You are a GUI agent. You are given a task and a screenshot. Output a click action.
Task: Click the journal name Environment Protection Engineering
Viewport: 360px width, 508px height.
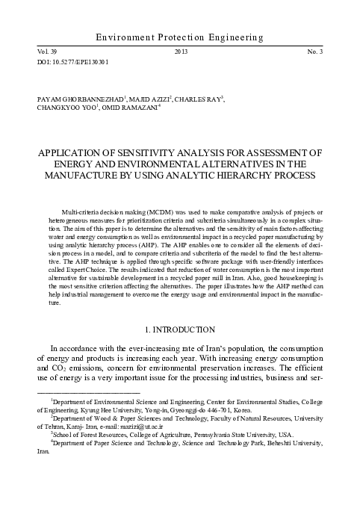[179, 37]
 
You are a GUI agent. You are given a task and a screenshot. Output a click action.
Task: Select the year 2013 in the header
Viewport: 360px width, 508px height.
[180, 51]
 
